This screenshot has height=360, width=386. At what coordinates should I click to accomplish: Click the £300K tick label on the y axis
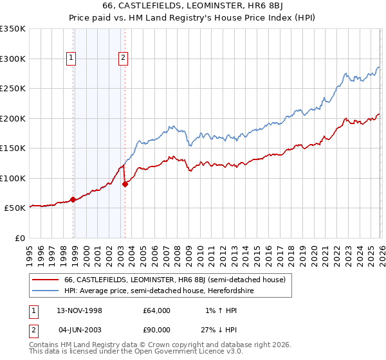point(13,59)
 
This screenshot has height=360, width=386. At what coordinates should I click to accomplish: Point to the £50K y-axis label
point(15,208)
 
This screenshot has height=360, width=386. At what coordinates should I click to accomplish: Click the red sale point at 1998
point(73,199)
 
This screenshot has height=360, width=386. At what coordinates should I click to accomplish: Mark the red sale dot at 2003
point(125,184)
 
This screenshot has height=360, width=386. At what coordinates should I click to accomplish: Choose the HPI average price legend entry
point(159,291)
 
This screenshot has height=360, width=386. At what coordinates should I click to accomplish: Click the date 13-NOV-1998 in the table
point(80,310)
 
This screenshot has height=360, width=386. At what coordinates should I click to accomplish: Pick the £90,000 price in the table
point(157,330)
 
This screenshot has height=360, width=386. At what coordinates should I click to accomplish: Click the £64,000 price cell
point(157,310)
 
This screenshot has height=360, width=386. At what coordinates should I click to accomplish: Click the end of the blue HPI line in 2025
point(379,67)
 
